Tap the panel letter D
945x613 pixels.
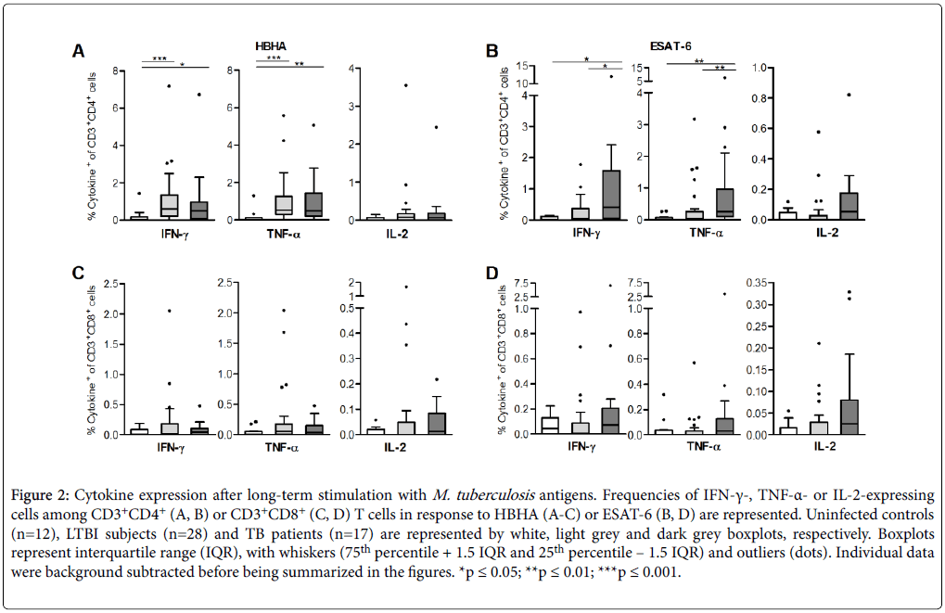(x=493, y=275)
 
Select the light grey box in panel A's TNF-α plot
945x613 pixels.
(x=284, y=205)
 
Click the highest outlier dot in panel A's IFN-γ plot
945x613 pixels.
(x=169, y=85)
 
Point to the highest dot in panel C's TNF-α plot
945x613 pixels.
(x=283, y=310)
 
